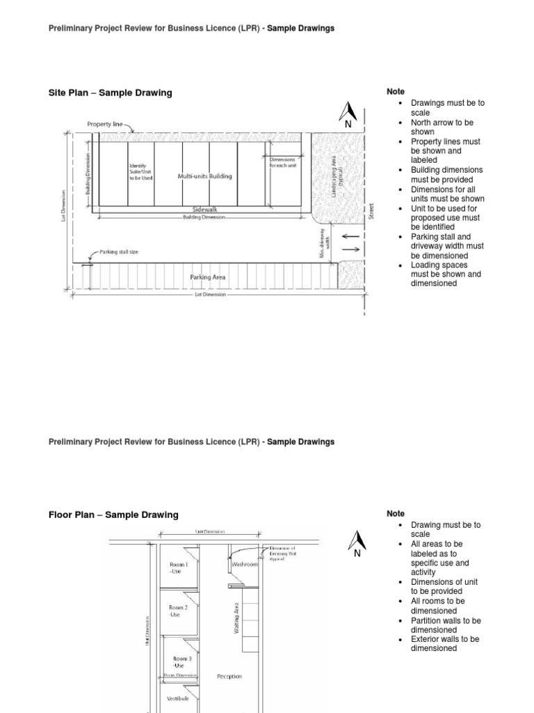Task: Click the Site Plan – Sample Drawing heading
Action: [x=110, y=93]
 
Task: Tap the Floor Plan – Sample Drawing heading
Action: [x=113, y=515]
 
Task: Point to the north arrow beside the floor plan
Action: [x=357, y=543]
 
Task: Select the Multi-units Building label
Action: [x=204, y=176]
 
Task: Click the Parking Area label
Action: [x=208, y=277]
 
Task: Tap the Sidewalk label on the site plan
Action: [x=205, y=209]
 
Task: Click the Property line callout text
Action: [x=105, y=125]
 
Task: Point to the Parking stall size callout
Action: [x=119, y=251]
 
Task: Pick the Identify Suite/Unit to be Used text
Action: [x=140, y=172]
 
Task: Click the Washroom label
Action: [x=245, y=564]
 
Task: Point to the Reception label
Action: [x=229, y=675]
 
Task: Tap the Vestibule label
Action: [x=178, y=697]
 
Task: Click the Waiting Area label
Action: [x=237, y=616]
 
